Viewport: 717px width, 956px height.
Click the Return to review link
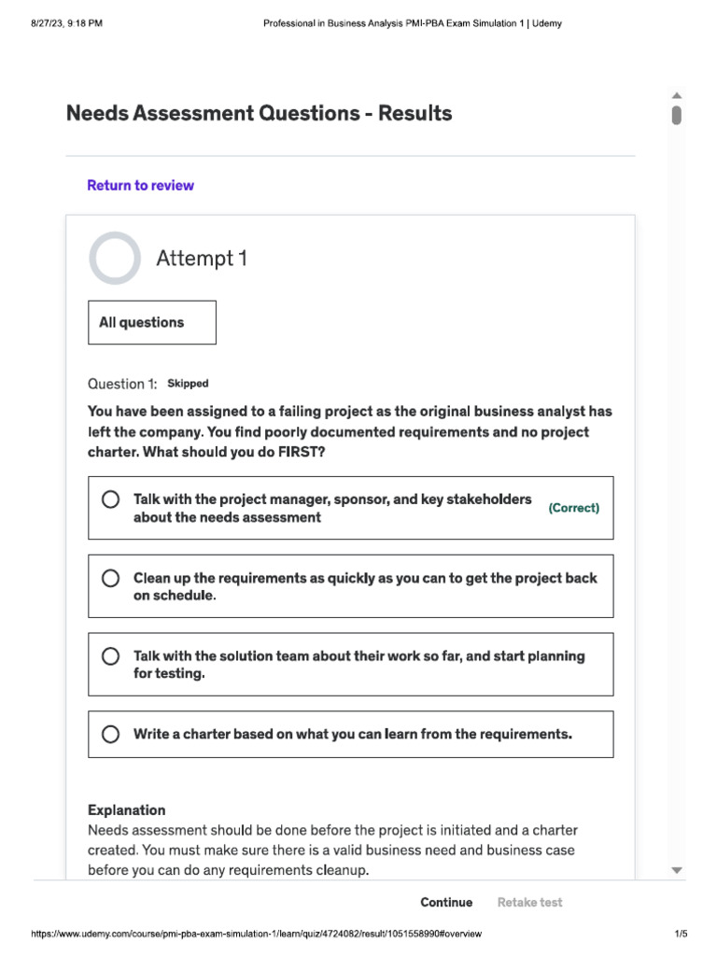click(140, 185)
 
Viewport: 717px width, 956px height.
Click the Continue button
click(446, 902)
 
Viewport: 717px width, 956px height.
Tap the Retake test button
click(529, 902)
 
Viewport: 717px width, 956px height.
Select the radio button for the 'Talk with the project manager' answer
click(110, 499)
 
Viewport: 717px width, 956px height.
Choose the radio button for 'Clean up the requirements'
click(110, 578)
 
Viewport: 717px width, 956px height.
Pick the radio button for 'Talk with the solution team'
click(110, 656)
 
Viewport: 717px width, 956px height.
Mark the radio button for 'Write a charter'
click(110, 734)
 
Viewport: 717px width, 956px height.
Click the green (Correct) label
click(573, 508)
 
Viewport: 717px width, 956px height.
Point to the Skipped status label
click(188, 384)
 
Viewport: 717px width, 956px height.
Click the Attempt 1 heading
click(201, 258)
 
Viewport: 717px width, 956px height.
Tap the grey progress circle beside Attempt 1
click(115, 258)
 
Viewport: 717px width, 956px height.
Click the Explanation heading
click(126, 809)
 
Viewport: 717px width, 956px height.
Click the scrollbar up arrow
click(677, 95)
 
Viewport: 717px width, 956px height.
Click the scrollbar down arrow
click(677, 870)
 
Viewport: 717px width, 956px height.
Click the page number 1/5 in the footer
click(681, 935)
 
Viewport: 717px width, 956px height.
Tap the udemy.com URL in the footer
click(257, 935)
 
